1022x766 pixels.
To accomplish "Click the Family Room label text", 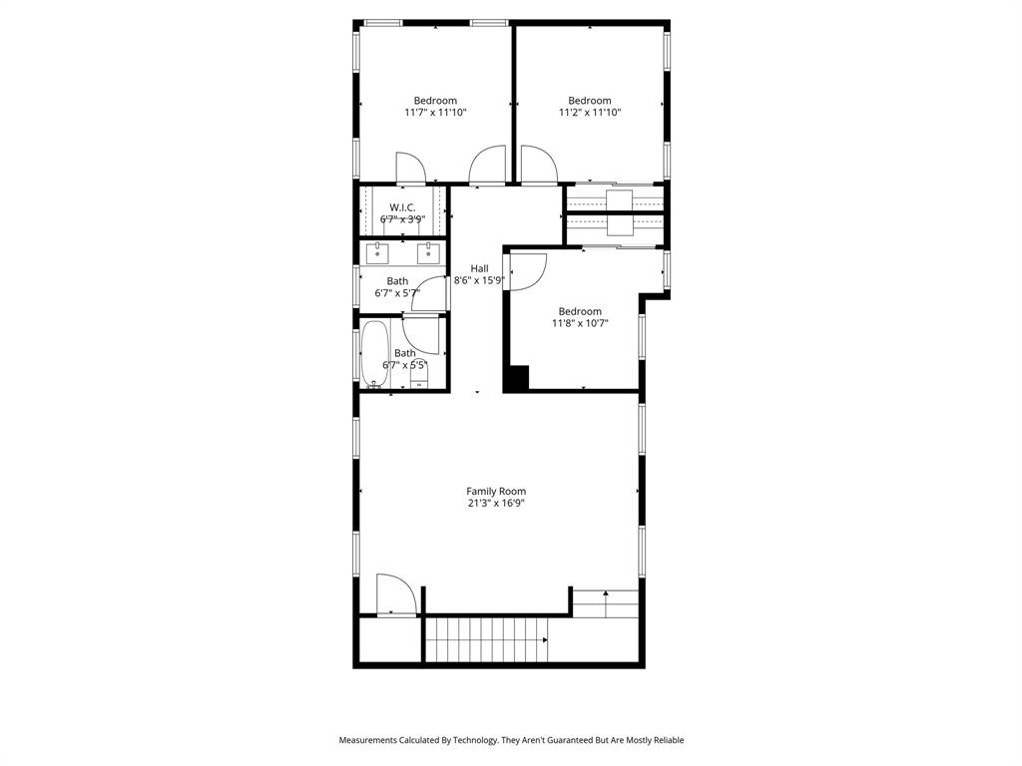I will point(496,491).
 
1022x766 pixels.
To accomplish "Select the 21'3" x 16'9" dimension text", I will point(496,504).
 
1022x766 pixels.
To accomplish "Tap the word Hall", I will point(480,268).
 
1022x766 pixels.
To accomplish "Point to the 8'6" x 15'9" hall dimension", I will point(480,281).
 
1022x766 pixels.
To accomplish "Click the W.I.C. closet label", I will point(402,206).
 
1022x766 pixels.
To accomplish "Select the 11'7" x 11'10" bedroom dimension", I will point(435,113).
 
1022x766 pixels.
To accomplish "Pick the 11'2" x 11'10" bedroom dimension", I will point(590,113).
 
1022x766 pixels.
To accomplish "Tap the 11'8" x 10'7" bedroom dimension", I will point(580,323).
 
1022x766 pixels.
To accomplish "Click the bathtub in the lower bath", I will point(375,353).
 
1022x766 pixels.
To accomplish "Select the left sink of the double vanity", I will point(376,252).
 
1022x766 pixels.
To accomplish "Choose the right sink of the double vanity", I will point(429,252).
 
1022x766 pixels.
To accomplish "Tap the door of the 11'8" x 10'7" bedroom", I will point(527,271).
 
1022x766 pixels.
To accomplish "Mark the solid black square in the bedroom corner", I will point(516,378).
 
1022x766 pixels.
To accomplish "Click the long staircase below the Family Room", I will point(486,639).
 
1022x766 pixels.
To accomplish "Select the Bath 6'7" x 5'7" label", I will point(397,287).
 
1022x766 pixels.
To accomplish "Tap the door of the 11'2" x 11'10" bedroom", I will point(537,166).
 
